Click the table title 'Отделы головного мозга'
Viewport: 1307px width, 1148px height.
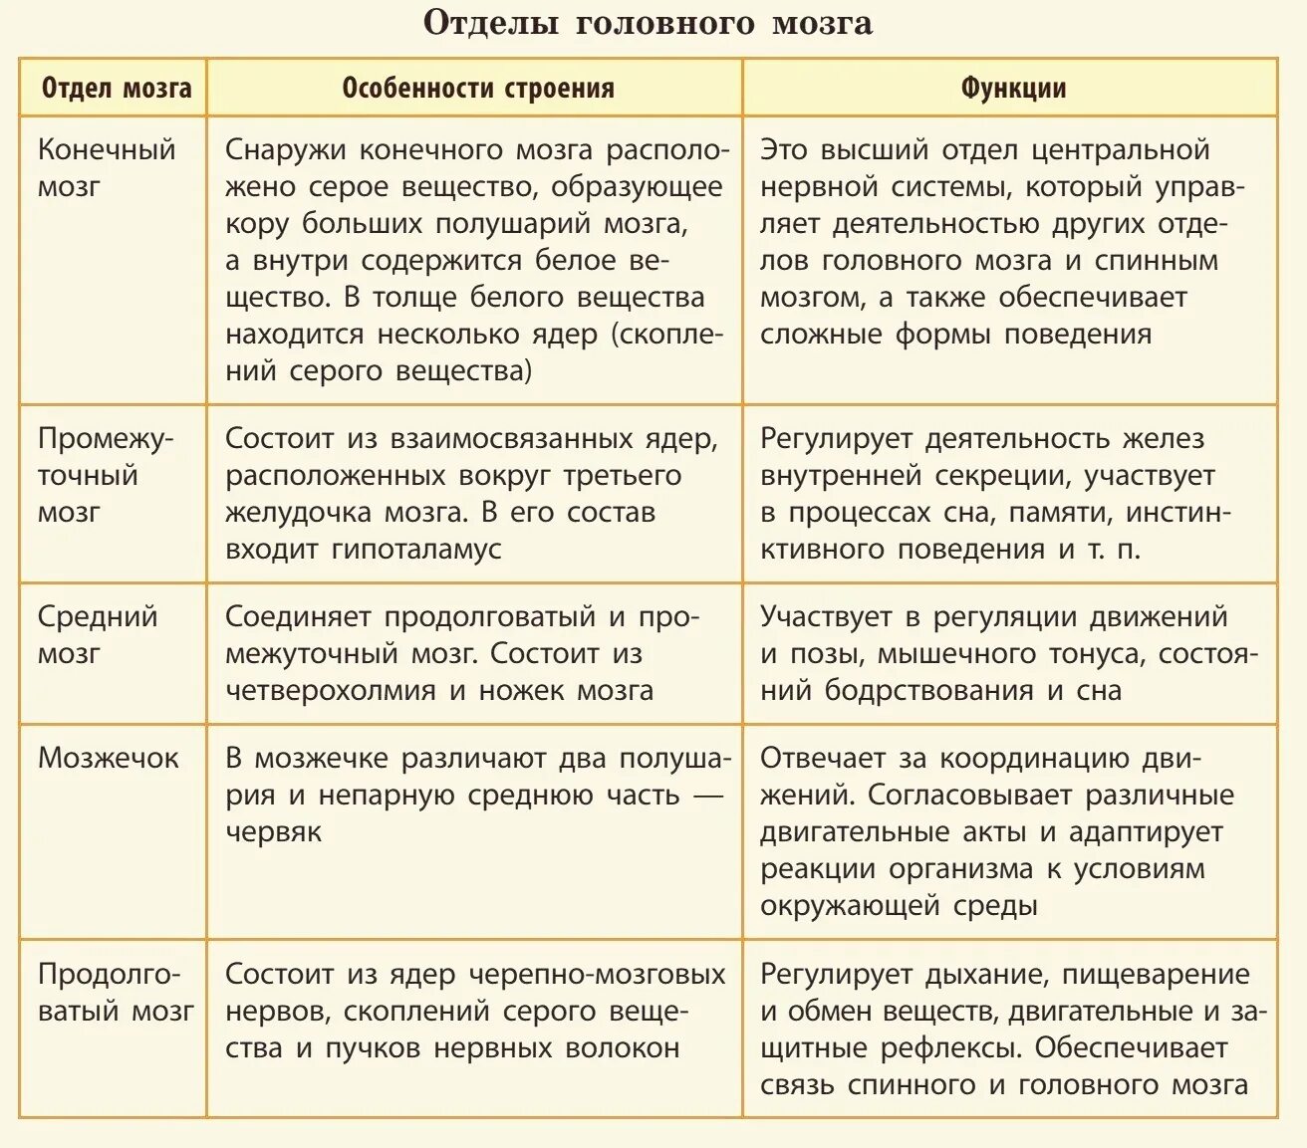[648, 24]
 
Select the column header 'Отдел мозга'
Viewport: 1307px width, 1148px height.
[116, 89]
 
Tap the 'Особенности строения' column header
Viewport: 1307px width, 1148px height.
[477, 89]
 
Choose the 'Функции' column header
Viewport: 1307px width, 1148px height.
[1013, 89]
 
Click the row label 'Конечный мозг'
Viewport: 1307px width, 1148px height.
[106, 167]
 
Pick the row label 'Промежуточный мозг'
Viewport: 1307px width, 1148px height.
[105, 475]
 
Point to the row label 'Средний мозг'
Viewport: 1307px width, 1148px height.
[98, 634]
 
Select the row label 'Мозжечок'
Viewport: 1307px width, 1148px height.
[108, 759]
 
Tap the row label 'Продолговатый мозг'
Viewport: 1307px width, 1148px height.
[115, 993]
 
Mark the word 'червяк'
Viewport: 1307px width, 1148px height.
[273, 832]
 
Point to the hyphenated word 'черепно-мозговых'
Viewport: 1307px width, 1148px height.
[597, 975]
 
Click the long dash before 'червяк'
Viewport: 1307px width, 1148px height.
[707, 796]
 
